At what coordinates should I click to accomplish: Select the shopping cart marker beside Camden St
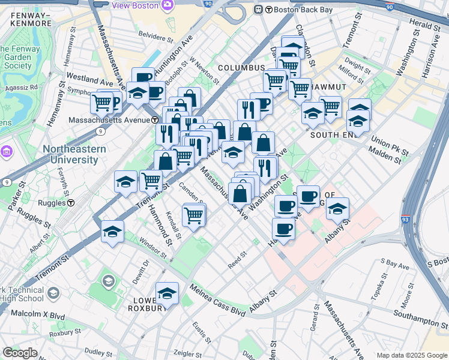click(194, 215)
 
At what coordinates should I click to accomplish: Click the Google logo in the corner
click(20, 353)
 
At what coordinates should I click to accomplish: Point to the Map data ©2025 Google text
click(411, 355)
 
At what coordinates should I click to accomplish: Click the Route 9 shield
click(7, 181)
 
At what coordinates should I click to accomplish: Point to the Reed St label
click(238, 261)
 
